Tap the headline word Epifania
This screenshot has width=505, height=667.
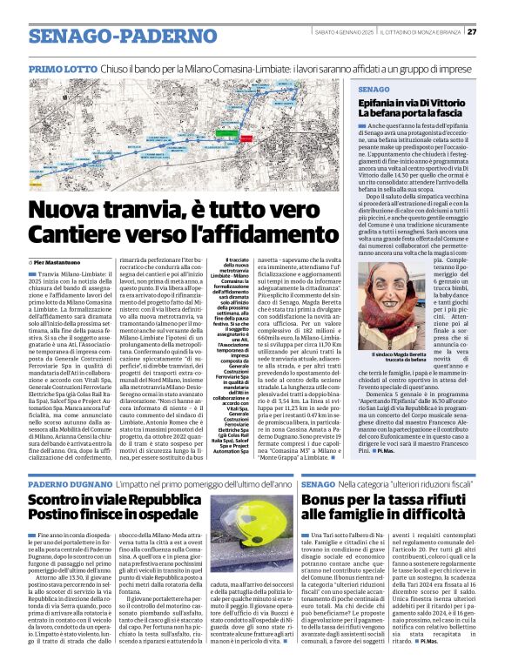(x=384, y=103)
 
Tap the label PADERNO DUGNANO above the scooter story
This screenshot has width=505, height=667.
(x=70, y=482)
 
